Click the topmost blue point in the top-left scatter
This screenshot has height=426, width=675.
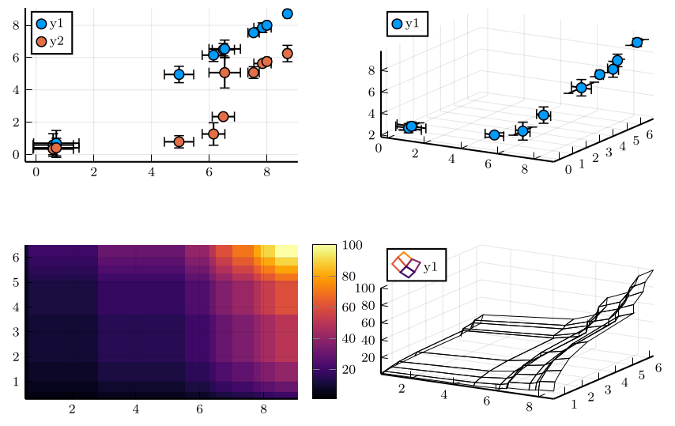287,13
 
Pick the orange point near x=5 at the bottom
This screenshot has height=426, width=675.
179,142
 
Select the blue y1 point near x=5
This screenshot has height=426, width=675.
179,74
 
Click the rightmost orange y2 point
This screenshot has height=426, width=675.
288,54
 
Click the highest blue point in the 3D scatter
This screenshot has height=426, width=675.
637,42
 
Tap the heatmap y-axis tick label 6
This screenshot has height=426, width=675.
17,258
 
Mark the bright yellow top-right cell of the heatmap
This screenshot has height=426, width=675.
286,250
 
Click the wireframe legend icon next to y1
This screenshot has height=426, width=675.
404,264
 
